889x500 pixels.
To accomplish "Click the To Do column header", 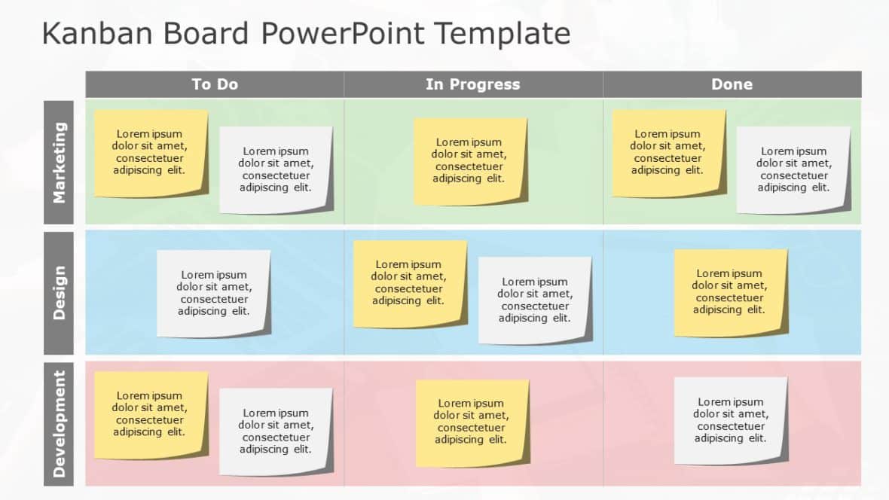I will (215, 84).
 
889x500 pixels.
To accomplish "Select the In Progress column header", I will (472, 84).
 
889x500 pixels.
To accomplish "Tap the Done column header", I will (732, 84).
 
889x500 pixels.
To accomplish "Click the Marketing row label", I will (59, 162).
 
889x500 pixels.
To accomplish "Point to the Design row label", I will (59, 292).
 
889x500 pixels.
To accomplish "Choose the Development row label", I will (59, 423).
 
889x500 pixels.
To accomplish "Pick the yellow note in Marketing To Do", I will (151, 153).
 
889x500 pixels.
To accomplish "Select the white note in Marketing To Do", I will (276, 169).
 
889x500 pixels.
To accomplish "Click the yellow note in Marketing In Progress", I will (469, 160).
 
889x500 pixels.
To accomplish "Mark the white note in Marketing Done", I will (793, 169).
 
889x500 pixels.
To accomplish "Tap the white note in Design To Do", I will (214, 293).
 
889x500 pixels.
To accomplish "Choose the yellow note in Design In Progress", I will (409, 283).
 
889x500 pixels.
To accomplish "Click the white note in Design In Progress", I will (535, 300).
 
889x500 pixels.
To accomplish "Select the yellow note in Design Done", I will (730, 292).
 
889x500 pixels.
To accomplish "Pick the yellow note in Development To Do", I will (151, 414).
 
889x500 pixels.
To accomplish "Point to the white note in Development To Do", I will (276, 431).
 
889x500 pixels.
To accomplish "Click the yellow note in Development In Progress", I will (472, 422).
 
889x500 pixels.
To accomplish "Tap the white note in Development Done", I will (730, 420).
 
